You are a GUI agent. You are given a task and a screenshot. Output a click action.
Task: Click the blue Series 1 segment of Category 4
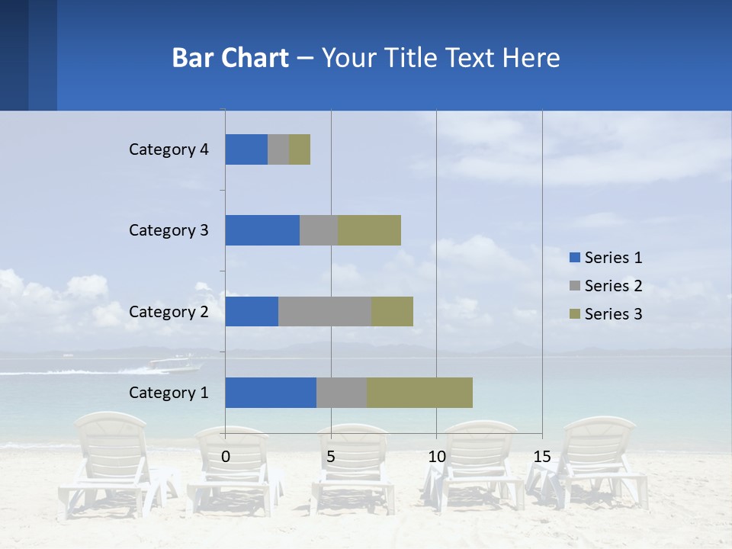tap(246, 149)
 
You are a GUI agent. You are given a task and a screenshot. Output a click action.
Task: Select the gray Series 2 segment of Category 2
tap(325, 311)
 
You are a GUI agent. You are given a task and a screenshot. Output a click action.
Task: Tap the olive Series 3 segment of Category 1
tap(419, 393)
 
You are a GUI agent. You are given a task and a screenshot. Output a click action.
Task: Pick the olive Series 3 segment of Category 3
tap(369, 230)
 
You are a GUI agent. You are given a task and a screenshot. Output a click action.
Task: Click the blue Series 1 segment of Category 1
tap(271, 393)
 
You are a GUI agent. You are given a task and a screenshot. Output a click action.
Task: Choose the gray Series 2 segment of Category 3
tap(319, 230)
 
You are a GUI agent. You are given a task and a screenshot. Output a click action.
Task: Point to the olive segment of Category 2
tap(392, 311)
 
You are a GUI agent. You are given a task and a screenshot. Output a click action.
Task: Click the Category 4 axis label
tap(169, 149)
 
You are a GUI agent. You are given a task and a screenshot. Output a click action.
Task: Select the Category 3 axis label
tap(169, 230)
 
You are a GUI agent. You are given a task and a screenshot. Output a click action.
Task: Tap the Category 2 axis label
tap(169, 312)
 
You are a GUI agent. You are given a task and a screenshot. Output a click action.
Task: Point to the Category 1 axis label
tap(169, 393)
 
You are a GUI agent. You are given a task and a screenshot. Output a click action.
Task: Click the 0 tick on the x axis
tap(226, 457)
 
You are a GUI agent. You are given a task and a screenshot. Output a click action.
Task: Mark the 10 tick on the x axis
tap(436, 457)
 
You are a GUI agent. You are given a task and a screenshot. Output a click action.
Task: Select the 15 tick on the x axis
tap(541, 457)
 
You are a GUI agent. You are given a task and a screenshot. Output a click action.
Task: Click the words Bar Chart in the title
tap(230, 58)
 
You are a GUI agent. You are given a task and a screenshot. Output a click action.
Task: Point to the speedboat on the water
tap(172, 364)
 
